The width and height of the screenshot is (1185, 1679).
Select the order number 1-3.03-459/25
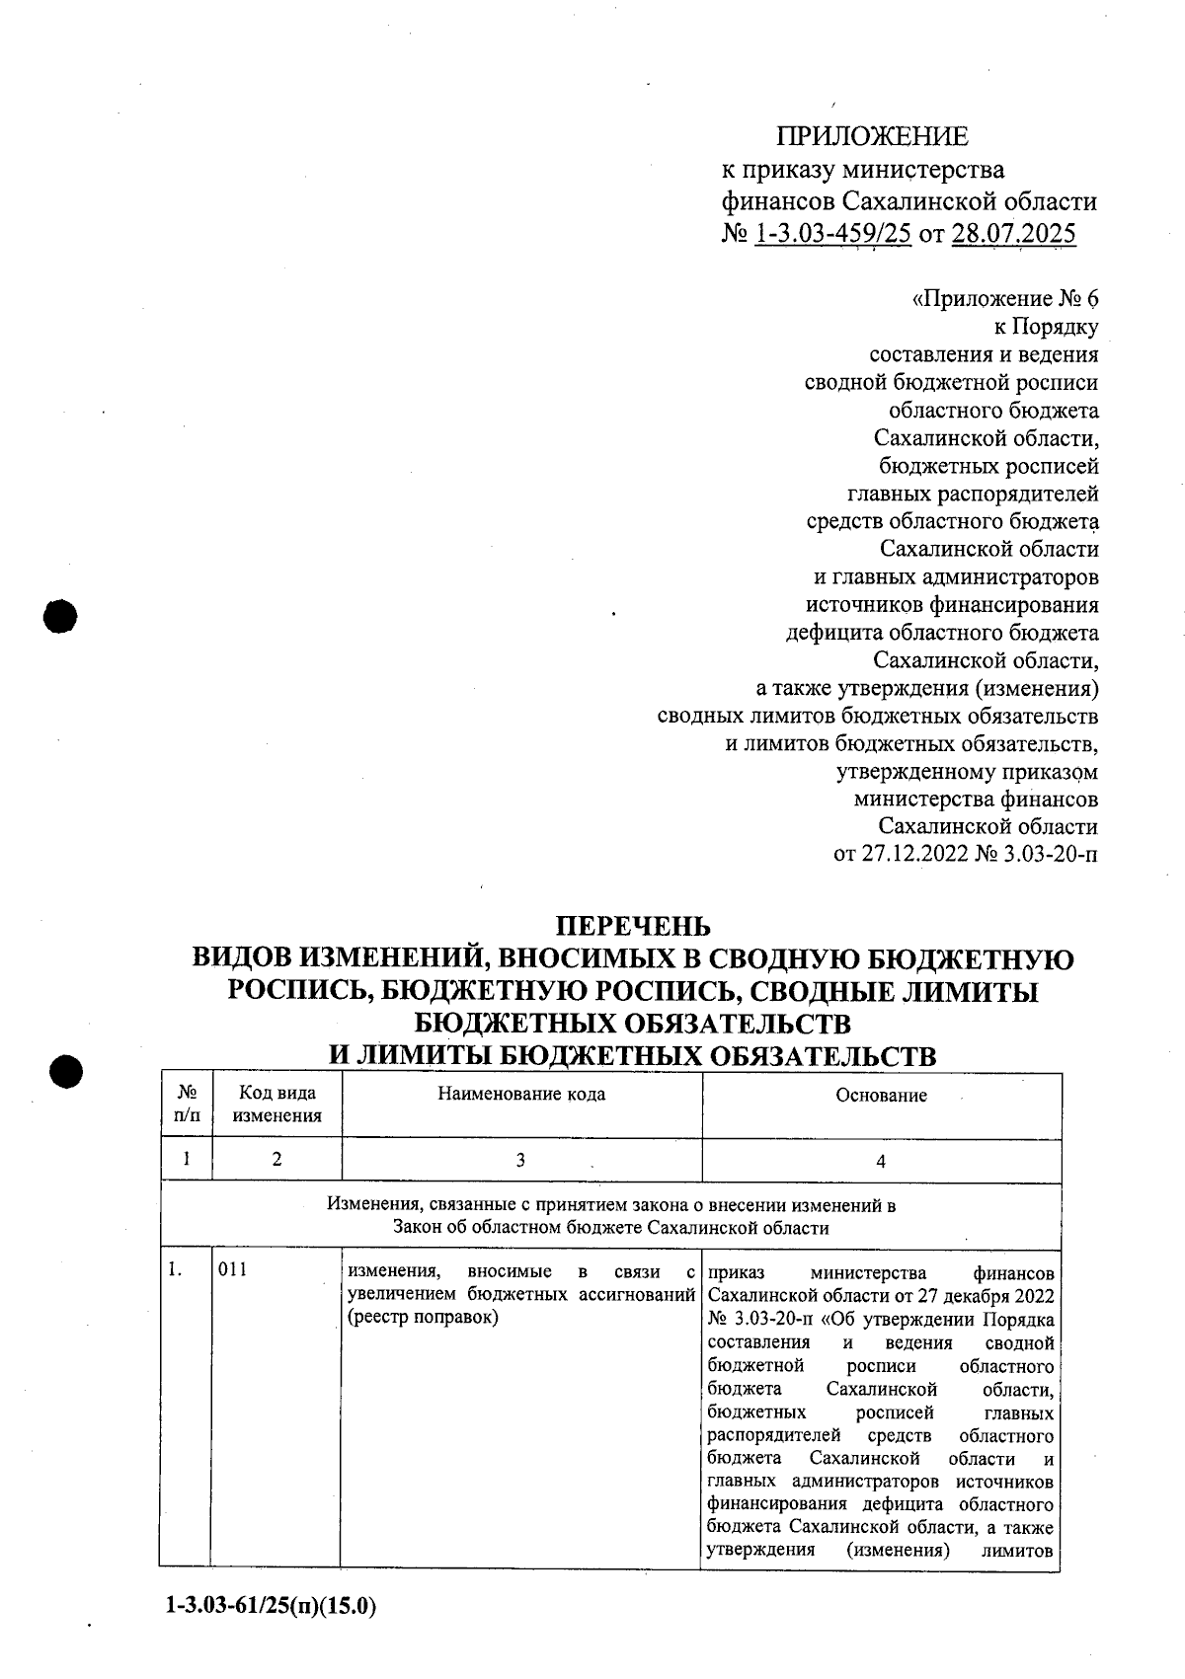point(831,234)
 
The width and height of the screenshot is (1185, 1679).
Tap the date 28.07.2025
point(1012,234)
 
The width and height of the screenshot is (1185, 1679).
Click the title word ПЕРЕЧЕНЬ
point(632,926)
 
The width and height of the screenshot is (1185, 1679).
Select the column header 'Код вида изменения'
point(277,1105)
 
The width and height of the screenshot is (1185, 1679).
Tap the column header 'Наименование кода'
point(521,1094)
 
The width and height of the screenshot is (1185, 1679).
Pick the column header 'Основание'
point(881,1095)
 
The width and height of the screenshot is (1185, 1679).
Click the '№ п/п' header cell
point(187,1105)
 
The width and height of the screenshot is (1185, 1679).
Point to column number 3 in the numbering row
point(520,1161)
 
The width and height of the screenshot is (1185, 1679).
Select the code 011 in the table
point(233,1269)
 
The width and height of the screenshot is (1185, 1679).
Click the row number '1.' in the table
point(175,1269)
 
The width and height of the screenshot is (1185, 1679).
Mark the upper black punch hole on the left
point(61,616)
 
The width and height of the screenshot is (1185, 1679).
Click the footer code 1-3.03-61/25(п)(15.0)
point(272,1606)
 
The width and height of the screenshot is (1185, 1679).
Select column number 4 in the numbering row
point(881,1162)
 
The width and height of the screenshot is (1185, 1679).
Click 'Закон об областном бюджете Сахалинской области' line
point(610,1228)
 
